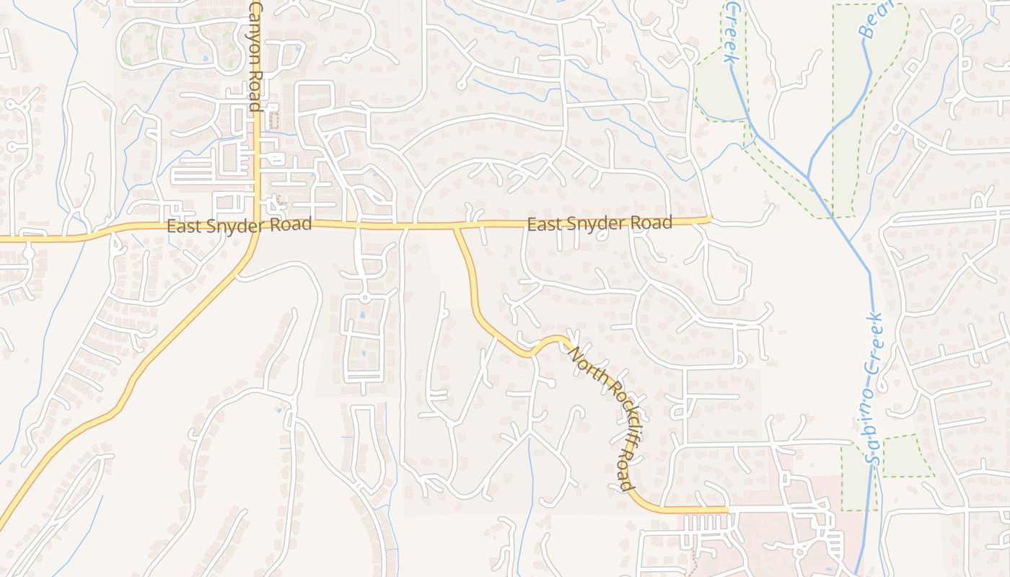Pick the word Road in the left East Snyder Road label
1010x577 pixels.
pyautogui.click(x=291, y=224)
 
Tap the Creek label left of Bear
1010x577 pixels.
pyautogui.click(x=730, y=32)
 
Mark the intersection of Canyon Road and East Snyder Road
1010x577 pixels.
pyautogui.click(x=257, y=224)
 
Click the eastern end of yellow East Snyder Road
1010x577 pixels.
pyautogui.click(x=709, y=219)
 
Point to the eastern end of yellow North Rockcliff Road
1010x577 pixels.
pyautogui.click(x=726, y=509)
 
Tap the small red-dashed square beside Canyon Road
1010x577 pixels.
pyautogui.click(x=273, y=120)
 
